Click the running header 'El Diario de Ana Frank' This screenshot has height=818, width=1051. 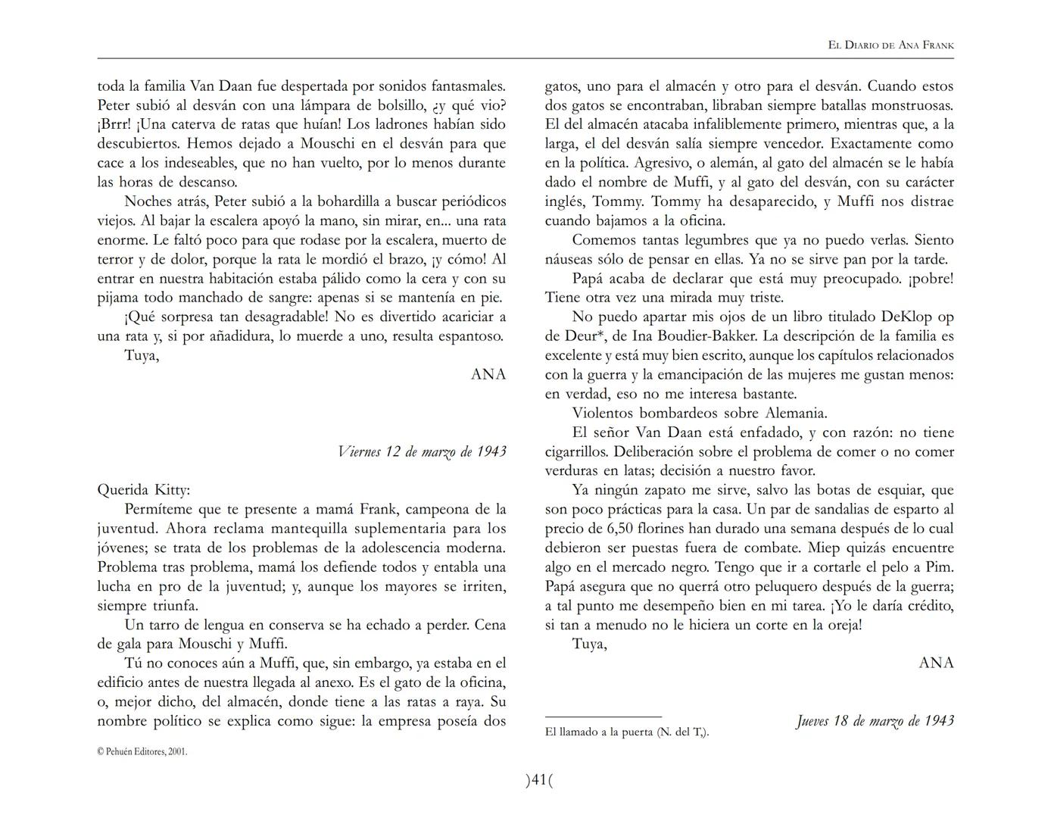[x=890, y=45]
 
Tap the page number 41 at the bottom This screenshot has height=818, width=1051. [x=539, y=779]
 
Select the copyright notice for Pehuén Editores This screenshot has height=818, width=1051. [x=142, y=751]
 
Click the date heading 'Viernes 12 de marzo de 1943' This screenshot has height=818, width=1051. [x=422, y=452]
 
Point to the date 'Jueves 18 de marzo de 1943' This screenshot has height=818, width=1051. [x=875, y=721]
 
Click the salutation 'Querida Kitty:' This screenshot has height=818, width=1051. [x=144, y=490]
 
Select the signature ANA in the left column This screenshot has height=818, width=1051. [x=488, y=374]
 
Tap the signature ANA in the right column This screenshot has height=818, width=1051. [x=936, y=663]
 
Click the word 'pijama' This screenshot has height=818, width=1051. [x=118, y=298]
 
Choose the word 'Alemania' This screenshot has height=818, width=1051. [x=795, y=414]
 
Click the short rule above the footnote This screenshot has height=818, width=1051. [x=603, y=717]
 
